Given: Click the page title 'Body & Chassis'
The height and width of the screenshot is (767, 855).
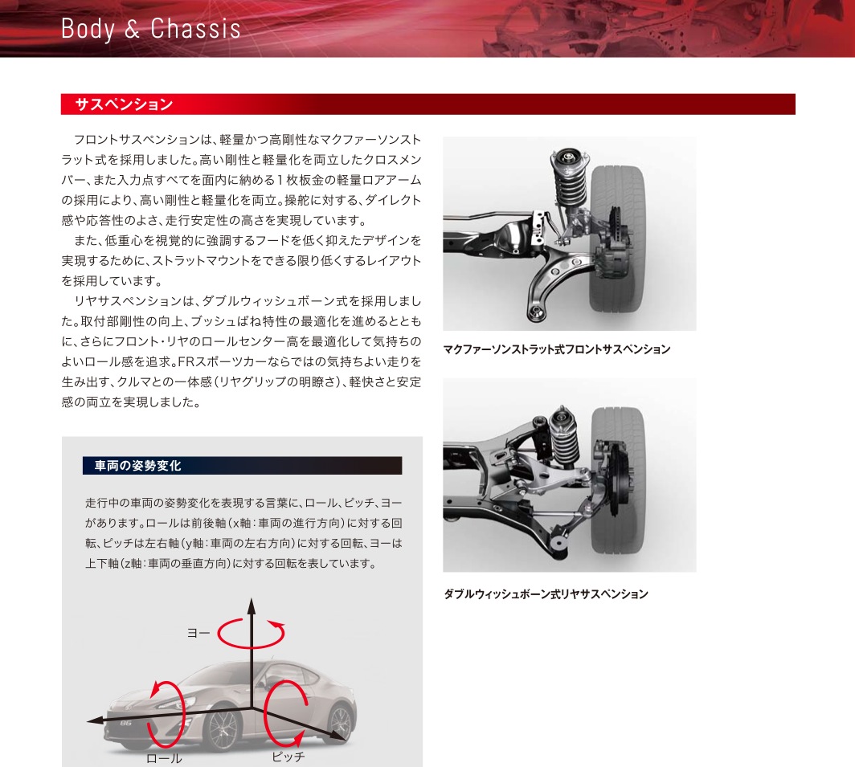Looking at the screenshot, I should tap(150, 29).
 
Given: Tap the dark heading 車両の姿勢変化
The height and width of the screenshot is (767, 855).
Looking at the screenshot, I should tap(137, 466).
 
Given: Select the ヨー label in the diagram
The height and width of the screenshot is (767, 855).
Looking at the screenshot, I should tap(198, 633).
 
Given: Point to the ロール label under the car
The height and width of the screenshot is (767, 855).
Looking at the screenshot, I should tap(164, 757).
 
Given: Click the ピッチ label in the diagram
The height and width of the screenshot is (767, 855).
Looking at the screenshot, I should tap(288, 757).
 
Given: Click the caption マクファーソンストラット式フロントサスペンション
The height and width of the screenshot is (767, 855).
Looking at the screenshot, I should tap(556, 349).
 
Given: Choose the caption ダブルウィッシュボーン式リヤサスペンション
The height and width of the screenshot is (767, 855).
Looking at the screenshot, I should tap(546, 594).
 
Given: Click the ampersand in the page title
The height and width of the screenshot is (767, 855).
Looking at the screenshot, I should tap(133, 30).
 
